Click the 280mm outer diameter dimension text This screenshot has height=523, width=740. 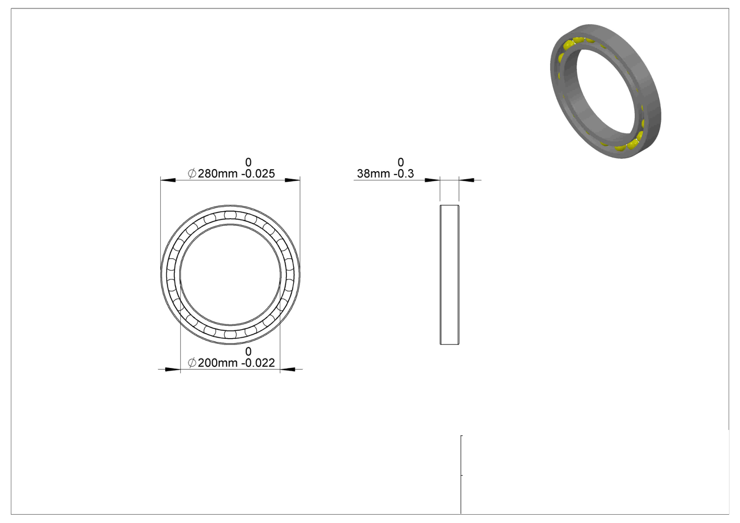click(x=218, y=173)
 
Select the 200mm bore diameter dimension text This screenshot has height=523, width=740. click(x=218, y=363)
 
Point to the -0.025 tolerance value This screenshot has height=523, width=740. click(x=258, y=173)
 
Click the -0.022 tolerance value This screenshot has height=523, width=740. click(x=258, y=363)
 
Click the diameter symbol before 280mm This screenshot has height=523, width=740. click(x=192, y=173)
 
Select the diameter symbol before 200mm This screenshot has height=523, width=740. click(x=192, y=363)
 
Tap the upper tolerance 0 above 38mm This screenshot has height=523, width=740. click(x=401, y=162)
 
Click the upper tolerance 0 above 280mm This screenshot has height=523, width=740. click(x=248, y=162)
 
